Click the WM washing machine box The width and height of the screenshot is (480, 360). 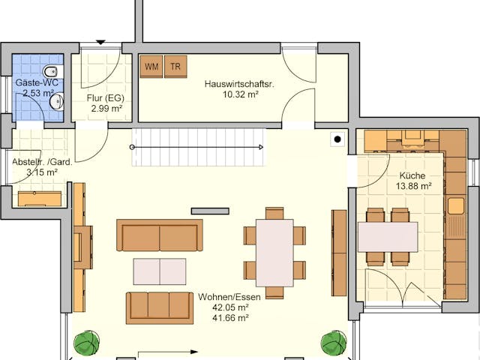(x=152, y=67)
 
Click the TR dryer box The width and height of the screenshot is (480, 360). (x=175, y=67)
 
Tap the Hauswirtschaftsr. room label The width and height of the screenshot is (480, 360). (x=239, y=85)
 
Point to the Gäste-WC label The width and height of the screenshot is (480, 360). (x=37, y=82)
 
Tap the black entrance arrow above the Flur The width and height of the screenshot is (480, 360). (x=101, y=42)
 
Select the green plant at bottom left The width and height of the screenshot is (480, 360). (x=85, y=343)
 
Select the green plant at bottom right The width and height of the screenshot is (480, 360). (x=334, y=343)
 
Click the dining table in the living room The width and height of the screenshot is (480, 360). (x=274, y=252)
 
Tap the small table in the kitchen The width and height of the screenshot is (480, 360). (x=388, y=237)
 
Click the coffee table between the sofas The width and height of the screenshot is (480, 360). (x=160, y=271)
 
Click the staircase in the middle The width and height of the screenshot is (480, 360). (x=199, y=146)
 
